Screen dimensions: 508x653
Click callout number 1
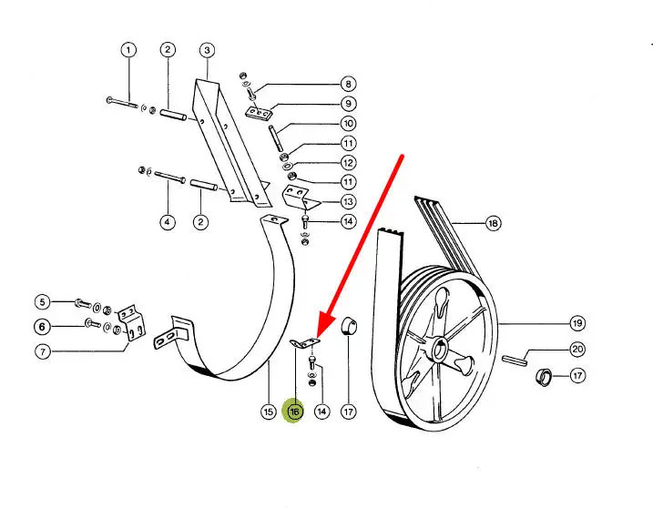[x=128, y=49]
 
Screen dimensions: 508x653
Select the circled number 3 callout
[x=207, y=49]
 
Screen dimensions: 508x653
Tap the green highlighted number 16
[x=294, y=411]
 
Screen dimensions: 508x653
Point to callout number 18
[x=493, y=223]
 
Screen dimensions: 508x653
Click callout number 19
[x=576, y=322]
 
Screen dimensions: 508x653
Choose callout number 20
[x=576, y=349]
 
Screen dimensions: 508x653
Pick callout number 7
[x=42, y=352]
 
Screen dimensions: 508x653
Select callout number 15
[x=268, y=411]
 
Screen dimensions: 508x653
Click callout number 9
[x=349, y=103]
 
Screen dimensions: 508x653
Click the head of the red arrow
[x=319, y=334]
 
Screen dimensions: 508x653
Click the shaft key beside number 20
[x=516, y=360]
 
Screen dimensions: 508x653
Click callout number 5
[x=42, y=302]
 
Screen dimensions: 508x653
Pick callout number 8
[x=349, y=83]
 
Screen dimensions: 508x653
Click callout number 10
[x=349, y=123]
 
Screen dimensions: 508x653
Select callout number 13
[x=349, y=201]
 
